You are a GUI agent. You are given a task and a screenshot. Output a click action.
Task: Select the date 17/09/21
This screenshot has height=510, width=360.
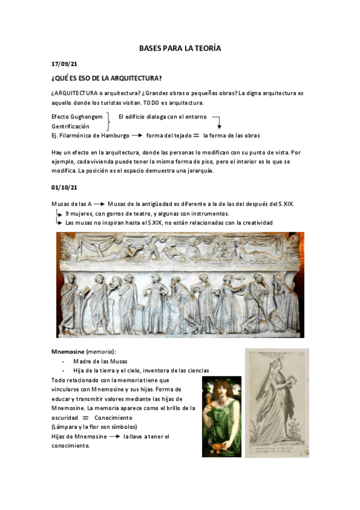tap(64, 63)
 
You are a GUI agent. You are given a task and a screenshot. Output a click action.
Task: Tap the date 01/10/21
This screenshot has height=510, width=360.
tap(64, 188)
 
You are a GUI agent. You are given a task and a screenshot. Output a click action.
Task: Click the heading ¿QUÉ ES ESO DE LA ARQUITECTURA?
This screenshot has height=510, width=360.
tap(107, 78)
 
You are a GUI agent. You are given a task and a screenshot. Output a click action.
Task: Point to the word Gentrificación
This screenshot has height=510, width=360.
tap(70, 126)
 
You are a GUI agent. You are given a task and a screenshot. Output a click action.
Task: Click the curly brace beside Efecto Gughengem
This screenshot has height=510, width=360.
tap(108, 121)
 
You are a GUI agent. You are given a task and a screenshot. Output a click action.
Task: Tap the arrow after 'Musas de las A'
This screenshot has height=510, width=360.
tap(100, 204)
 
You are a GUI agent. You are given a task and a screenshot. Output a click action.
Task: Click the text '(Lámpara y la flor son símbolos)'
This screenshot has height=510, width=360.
tap(94, 426)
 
